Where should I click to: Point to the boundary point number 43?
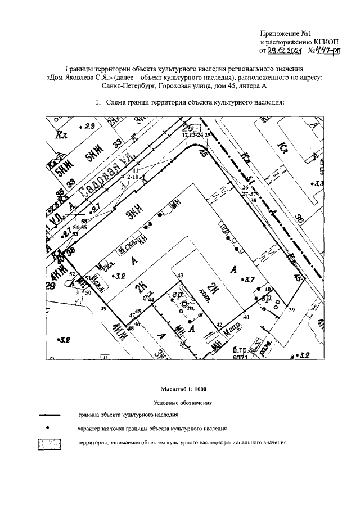point(181,276)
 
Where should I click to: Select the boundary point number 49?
point(103,309)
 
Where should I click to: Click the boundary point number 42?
point(220,325)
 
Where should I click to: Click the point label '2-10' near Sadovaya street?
point(132,177)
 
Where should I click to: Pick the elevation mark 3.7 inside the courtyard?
point(250,279)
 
